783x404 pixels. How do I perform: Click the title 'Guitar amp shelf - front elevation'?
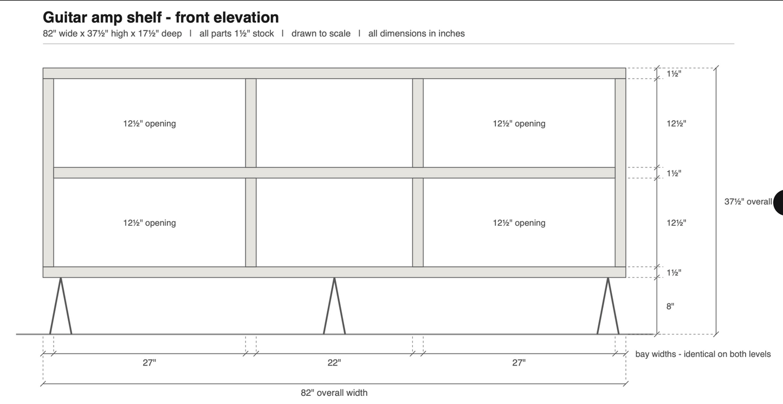click(x=161, y=17)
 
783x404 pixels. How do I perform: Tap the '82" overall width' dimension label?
click(x=334, y=393)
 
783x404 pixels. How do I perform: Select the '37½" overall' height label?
click(x=748, y=201)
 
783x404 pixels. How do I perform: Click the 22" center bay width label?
click(x=334, y=363)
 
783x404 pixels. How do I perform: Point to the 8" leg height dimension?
click(x=670, y=306)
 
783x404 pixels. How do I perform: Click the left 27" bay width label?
click(x=149, y=363)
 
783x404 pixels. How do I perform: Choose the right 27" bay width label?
click(x=519, y=363)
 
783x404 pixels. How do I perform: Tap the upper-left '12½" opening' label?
click(x=149, y=123)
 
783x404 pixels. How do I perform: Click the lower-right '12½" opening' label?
click(x=519, y=223)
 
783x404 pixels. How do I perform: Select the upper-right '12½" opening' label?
click(x=519, y=123)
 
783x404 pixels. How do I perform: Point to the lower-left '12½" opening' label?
click(x=149, y=223)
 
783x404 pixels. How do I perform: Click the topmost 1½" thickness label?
click(x=674, y=74)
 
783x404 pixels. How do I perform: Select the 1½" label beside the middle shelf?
click(x=674, y=173)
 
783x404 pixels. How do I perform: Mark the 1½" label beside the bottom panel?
click(x=674, y=272)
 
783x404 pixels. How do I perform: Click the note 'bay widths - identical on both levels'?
click(x=703, y=354)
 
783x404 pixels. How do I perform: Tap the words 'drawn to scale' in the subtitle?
click(x=321, y=34)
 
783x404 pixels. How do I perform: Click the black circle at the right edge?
click(x=779, y=203)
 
